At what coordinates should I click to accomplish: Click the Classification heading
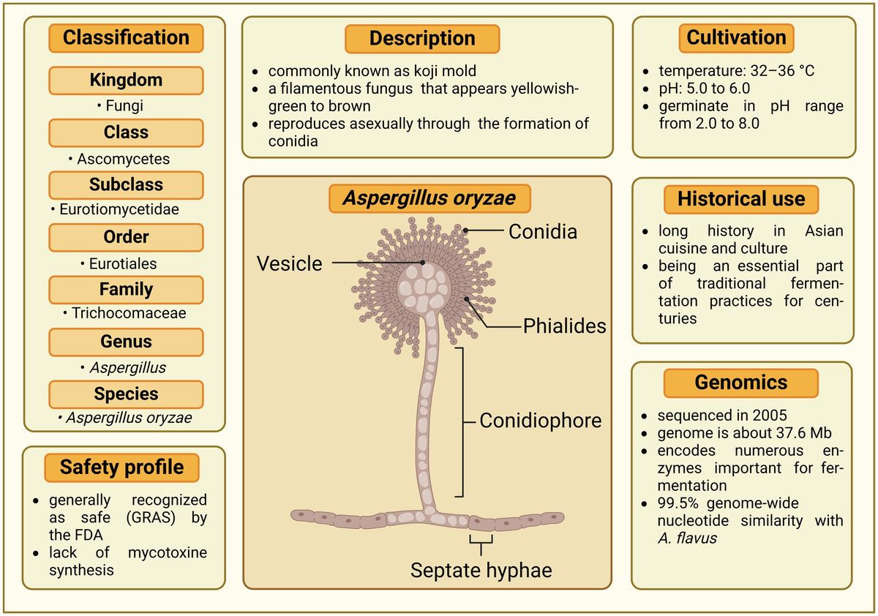click(126, 38)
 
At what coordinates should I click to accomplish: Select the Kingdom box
click(126, 80)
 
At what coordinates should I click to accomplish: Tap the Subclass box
click(126, 185)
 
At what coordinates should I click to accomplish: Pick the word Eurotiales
click(122, 263)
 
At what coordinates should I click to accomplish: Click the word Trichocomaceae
click(129, 313)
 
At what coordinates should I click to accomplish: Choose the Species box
click(126, 394)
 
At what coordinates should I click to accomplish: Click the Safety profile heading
click(122, 467)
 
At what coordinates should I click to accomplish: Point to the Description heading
click(422, 39)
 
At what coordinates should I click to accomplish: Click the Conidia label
click(543, 232)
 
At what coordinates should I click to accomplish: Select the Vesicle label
click(289, 263)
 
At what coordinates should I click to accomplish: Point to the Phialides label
click(564, 326)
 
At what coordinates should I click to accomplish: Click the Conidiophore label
click(541, 421)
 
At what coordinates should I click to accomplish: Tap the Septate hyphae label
click(481, 570)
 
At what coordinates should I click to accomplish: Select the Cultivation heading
click(736, 38)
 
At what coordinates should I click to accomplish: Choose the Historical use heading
click(741, 199)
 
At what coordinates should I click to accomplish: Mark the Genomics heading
click(741, 382)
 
